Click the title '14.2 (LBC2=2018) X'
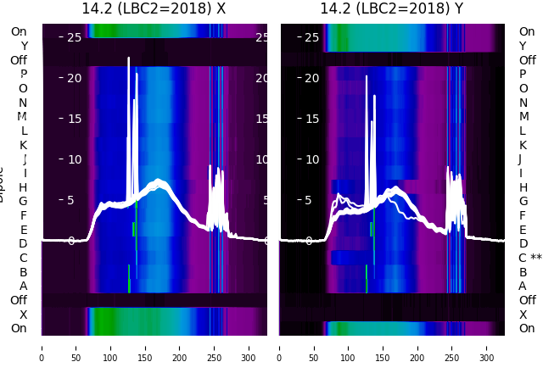coord(154,8)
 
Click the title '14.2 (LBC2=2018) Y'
coord(391,8)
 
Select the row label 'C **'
coord(530,258)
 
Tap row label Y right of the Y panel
coord(523,46)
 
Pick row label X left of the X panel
coord(23,315)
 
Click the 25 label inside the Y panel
coord(311,37)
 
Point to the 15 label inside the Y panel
coord(311,119)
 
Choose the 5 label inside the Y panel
coord(312,201)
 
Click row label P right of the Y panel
coord(523,74)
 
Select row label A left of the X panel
coord(23,286)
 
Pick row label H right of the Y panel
coord(523,187)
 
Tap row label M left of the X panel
coord(23,116)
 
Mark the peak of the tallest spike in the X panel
coord(129,58)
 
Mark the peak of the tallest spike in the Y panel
coord(367,76)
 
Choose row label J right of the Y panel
coord(520,159)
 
